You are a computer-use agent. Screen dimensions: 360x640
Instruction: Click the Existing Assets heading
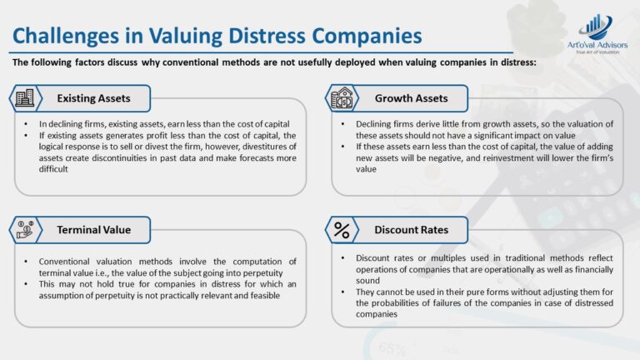click(x=93, y=98)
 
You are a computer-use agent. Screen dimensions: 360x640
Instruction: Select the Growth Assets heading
click(x=411, y=98)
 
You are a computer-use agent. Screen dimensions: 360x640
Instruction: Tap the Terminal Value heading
click(x=93, y=228)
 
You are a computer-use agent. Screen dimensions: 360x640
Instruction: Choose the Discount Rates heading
click(x=411, y=228)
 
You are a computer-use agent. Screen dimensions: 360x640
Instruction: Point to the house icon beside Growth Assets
click(x=342, y=98)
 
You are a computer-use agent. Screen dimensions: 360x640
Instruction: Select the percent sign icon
click(x=342, y=228)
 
